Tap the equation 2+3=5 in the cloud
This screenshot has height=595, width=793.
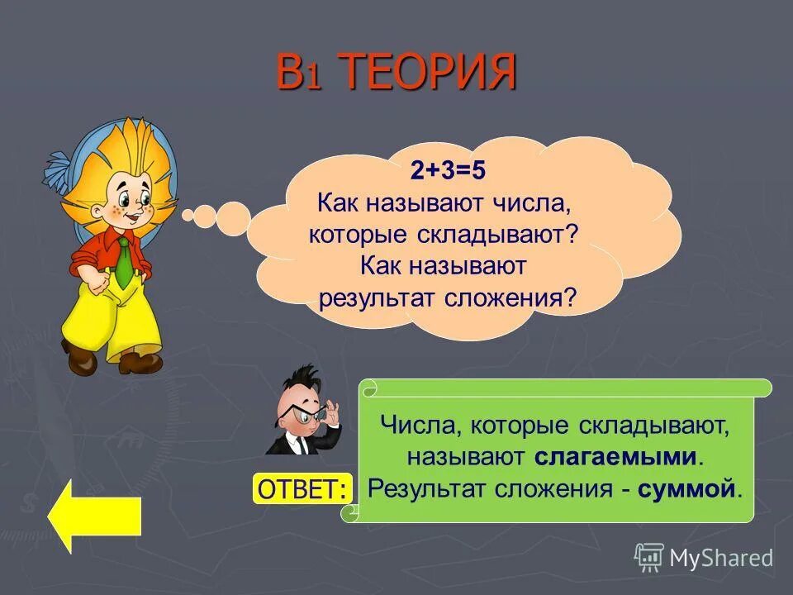449,171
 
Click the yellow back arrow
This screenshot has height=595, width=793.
93,516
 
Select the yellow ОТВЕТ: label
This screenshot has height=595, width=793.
302,488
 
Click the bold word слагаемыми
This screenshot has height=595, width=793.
616,456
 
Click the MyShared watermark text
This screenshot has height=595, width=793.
721,558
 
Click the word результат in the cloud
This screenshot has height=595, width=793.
369,297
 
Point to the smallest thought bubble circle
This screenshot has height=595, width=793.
188,216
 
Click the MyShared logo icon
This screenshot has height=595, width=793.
649,558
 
